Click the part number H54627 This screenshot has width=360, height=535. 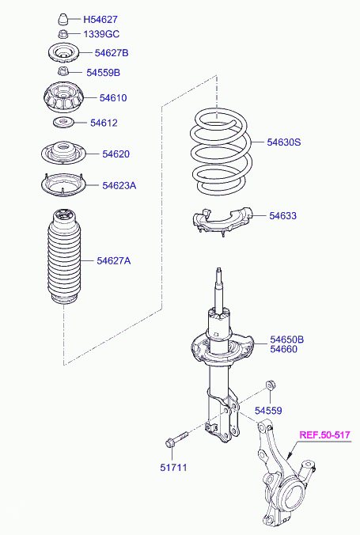(x=100, y=20)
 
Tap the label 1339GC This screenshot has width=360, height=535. (x=101, y=34)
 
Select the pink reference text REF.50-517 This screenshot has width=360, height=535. (x=324, y=434)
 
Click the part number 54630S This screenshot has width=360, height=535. (x=283, y=142)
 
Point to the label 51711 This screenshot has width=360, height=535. (x=173, y=468)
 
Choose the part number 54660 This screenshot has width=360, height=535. (x=283, y=349)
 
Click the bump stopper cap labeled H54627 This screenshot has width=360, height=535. (x=63, y=19)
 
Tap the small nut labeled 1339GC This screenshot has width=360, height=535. (x=63, y=34)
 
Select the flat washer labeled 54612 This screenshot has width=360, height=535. (x=63, y=122)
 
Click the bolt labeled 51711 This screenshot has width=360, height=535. (x=176, y=439)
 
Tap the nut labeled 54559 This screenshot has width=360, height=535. (x=271, y=385)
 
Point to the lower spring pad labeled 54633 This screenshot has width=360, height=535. (x=222, y=221)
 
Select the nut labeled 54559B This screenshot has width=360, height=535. (x=63, y=72)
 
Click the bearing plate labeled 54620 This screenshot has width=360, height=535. (x=63, y=154)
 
